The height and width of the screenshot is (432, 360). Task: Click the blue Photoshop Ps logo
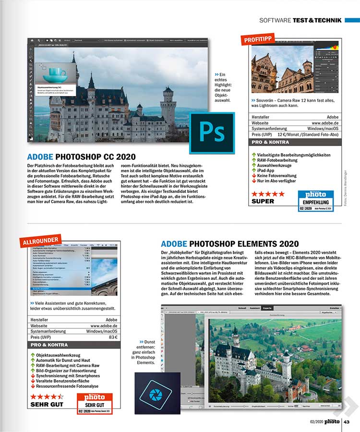[212, 133]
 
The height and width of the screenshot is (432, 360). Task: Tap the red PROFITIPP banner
[260, 38]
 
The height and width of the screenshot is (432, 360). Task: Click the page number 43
[349, 422]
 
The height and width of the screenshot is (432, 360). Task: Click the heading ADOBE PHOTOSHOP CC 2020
[81, 157]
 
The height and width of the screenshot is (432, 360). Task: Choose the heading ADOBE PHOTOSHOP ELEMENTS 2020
[230, 244]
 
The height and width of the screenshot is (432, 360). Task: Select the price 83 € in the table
[113, 337]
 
